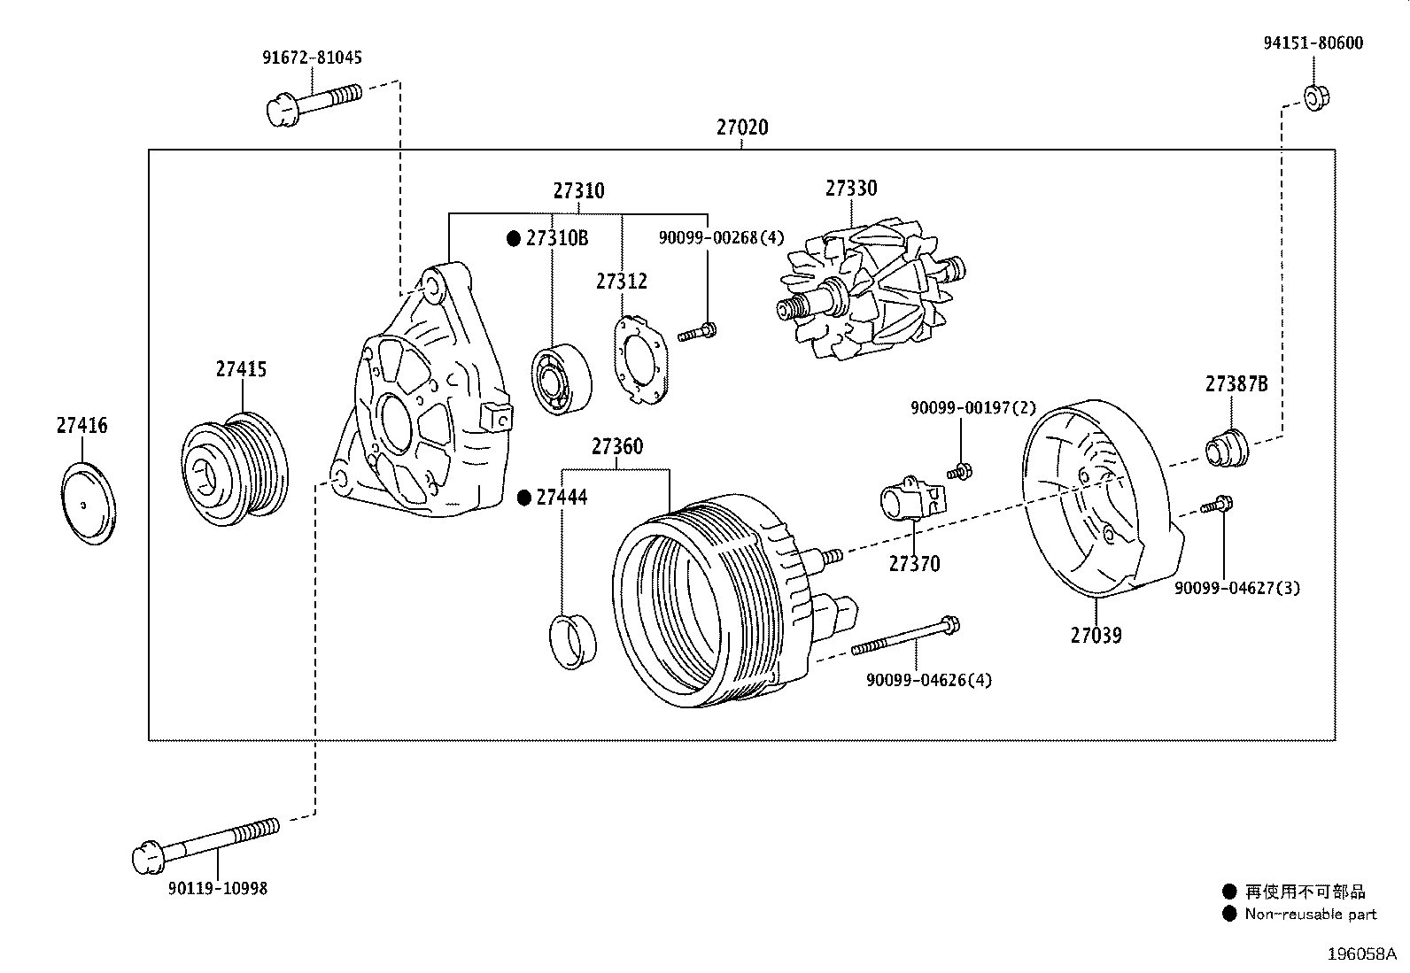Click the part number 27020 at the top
tap(742, 127)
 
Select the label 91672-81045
tap(313, 58)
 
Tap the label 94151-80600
tap(1313, 42)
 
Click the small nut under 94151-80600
tap(1316, 98)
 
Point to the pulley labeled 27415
tap(235, 469)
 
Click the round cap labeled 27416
tap(89, 504)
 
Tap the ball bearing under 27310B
tap(562, 380)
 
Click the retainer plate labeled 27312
tap(641, 359)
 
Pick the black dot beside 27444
tap(523, 498)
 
